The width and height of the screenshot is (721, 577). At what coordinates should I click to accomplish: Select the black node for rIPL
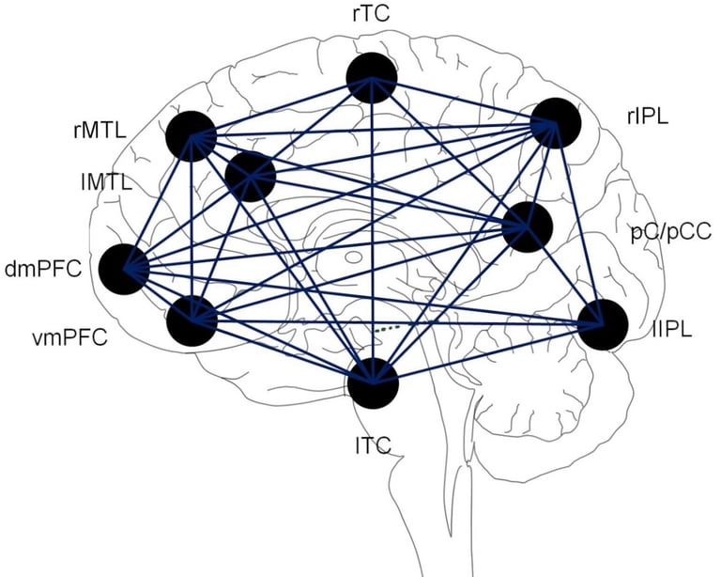[556, 123]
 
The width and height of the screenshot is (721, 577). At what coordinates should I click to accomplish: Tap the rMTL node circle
[191, 136]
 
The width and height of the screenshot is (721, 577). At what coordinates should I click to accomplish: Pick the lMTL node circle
[251, 175]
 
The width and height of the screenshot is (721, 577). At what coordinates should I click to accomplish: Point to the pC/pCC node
[527, 226]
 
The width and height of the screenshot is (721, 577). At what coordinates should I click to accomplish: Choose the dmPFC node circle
[124, 269]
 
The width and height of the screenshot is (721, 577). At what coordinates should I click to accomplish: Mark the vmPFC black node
[192, 320]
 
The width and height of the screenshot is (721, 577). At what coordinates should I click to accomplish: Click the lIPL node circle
[602, 325]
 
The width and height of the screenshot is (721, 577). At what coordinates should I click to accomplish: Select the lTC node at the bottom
[373, 383]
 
